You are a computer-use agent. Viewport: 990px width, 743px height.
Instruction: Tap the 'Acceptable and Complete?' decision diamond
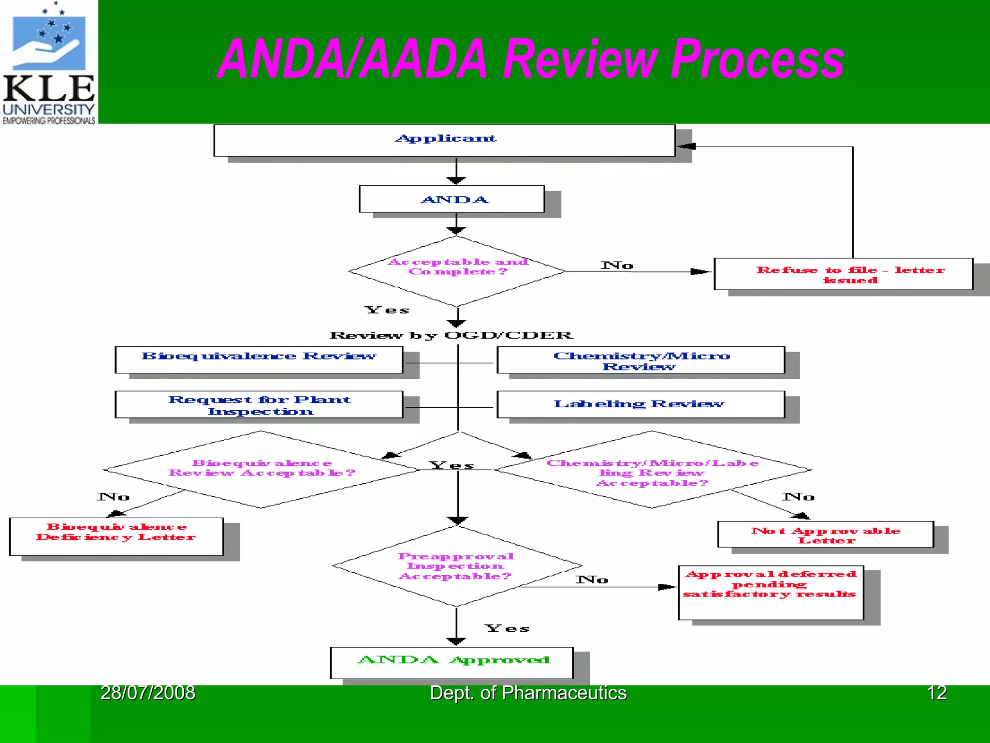pyautogui.click(x=457, y=271)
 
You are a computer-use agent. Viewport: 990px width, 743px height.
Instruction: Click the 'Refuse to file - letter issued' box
pyautogui.click(x=844, y=274)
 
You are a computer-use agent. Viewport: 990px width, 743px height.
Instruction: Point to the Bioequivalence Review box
pyautogui.click(x=259, y=359)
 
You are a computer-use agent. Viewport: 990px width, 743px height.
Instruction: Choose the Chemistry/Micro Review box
pyautogui.click(x=641, y=360)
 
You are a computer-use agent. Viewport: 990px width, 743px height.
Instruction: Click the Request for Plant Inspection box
pyautogui.click(x=259, y=404)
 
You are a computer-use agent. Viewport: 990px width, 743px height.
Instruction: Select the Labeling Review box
pyautogui.click(x=641, y=404)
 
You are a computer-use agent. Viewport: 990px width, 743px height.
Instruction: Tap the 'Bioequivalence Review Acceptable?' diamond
pyautogui.click(x=261, y=469)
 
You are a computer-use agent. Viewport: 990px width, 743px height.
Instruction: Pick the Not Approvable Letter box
pyautogui.click(x=826, y=535)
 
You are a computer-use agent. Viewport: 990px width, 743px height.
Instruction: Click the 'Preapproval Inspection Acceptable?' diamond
pyautogui.click(x=457, y=566)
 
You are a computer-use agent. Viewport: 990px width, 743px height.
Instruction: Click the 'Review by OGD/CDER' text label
pyautogui.click(x=451, y=335)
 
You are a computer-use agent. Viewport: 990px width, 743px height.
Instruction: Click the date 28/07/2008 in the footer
pyautogui.click(x=147, y=693)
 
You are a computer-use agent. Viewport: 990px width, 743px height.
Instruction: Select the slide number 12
pyautogui.click(x=936, y=693)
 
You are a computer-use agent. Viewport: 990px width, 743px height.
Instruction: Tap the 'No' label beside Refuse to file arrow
pyautogui.click(x=617, y=265)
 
